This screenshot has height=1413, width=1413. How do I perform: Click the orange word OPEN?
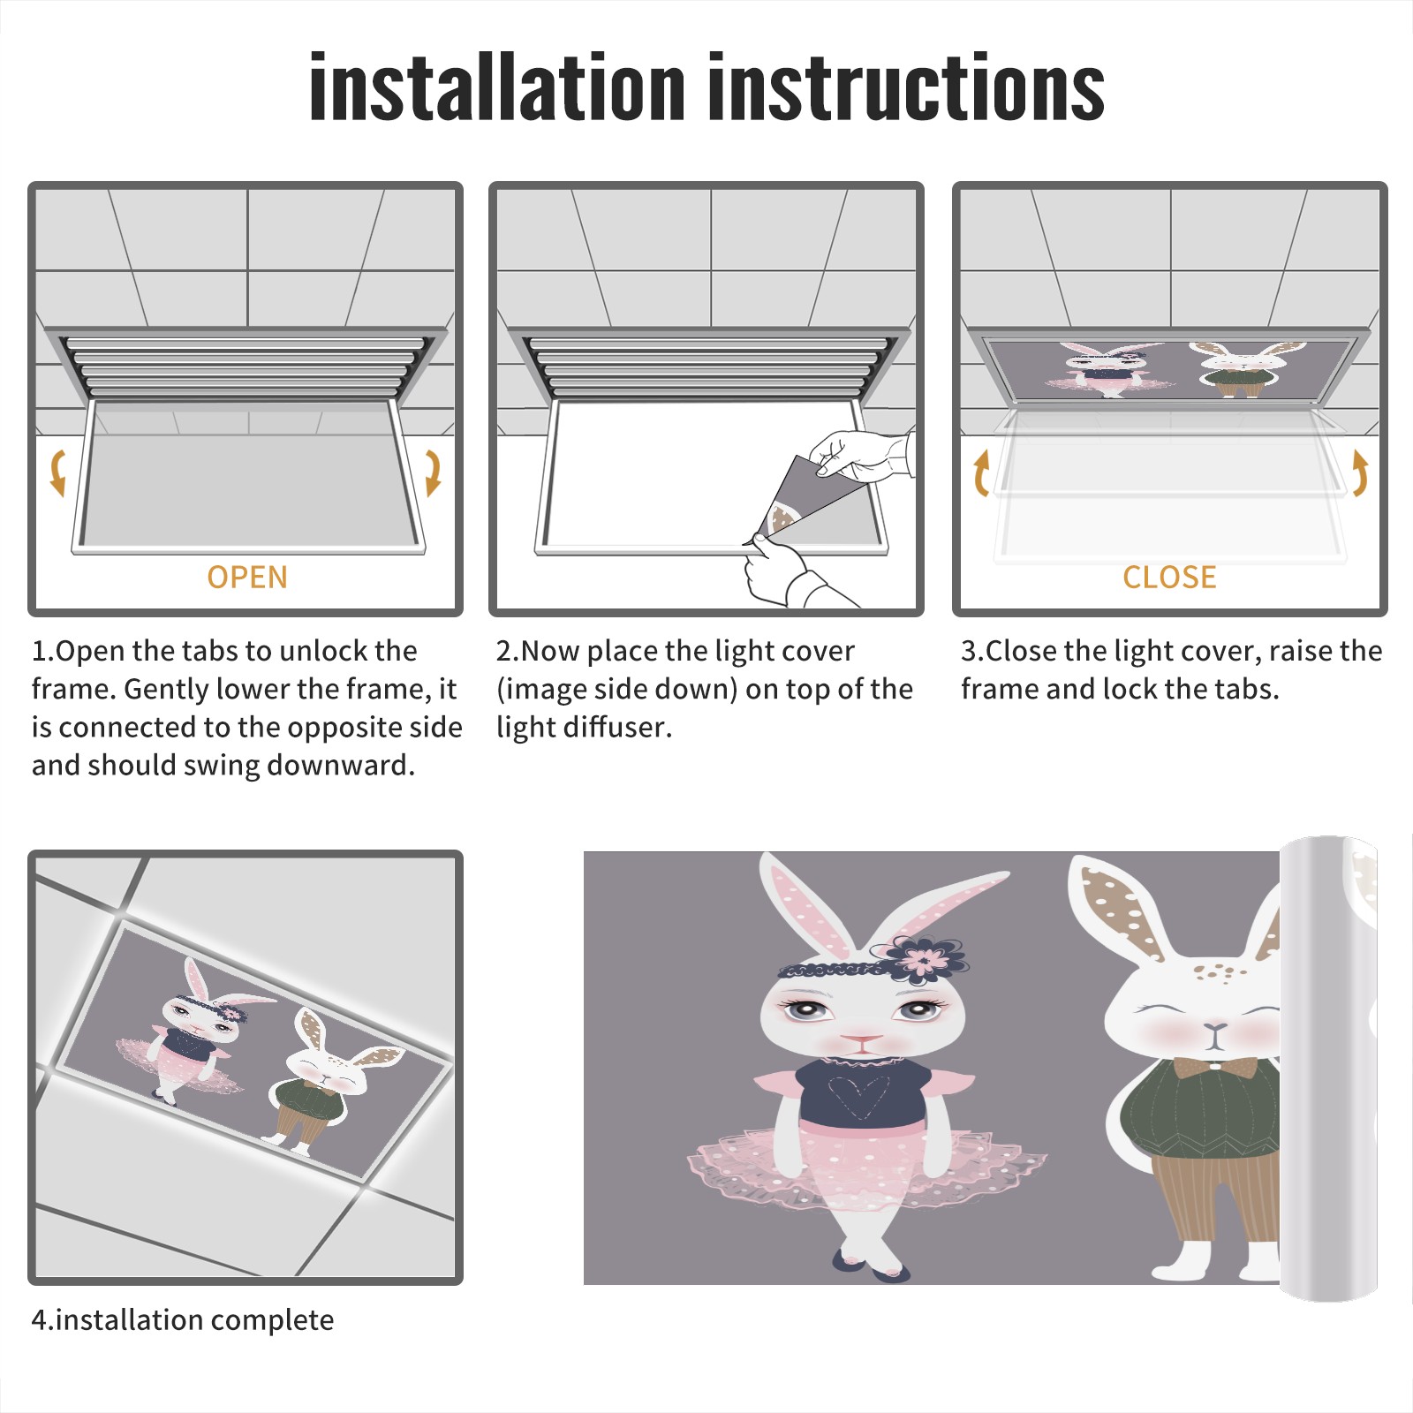tap(247, 578)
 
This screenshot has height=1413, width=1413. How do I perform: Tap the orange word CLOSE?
tap(1169, 578)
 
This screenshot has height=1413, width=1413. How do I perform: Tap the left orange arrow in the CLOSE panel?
tap(981, 472)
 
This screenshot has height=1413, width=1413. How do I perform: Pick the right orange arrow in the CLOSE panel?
tap(1360, 472)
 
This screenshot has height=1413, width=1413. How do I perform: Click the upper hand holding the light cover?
tap(861, 455)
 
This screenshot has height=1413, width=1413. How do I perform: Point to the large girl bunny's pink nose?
tap(861, 1039)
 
